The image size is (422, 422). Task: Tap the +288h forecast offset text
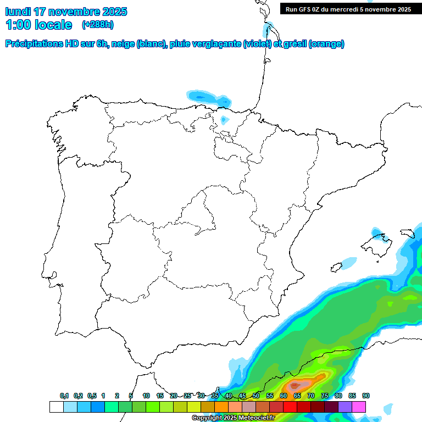tap(98, 25)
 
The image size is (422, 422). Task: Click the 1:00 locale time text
tap(38, 25)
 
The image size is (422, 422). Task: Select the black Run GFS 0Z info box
tap(348, 9)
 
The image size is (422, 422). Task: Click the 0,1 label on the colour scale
tap(64, 396)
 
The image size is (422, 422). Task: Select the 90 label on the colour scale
tap(366, 396)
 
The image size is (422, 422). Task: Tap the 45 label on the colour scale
tap(242, 396)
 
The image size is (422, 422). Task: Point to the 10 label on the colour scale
tap(146, 396)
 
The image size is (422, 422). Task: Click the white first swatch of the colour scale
tap(56, 407)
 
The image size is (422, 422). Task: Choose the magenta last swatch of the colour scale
tap(359, 407)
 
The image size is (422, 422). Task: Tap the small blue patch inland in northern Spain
tap(224, 119)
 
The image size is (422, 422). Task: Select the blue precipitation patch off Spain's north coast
tap(209, 98)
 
